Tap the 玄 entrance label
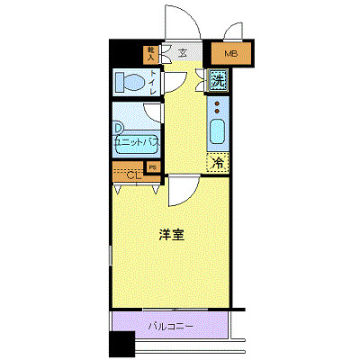point(183,54)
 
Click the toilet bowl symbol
point(130,83)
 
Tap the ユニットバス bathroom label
point(134,142)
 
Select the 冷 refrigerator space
point(217,163)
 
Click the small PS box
point(152,167)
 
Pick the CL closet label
point(132,175)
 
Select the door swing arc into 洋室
point(180,190)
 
